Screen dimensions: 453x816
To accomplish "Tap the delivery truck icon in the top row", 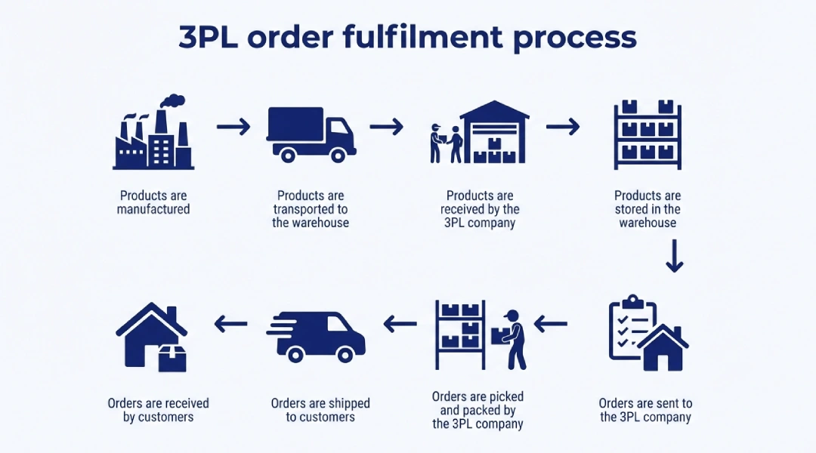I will click(x=311, y=134).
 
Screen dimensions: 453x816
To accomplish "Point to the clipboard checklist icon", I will click(x=632, y=328).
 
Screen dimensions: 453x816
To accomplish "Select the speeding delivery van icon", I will click(x=317, y=336).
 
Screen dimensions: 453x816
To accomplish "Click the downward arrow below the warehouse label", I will click(x=674, y=257).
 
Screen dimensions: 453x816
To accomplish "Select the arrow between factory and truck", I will click(x=233, y=127).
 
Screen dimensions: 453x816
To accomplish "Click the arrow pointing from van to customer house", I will click(x=231, y=325).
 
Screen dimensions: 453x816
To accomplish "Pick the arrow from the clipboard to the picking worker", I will click(x=551, y=325).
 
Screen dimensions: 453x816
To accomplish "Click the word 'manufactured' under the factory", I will click(x=153, y=209).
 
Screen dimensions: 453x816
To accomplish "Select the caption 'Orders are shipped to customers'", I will click(x=320, y=410).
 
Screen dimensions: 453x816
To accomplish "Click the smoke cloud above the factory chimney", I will click(x=173, y=101).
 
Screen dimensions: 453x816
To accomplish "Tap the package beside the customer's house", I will click(x=172, y=358).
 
